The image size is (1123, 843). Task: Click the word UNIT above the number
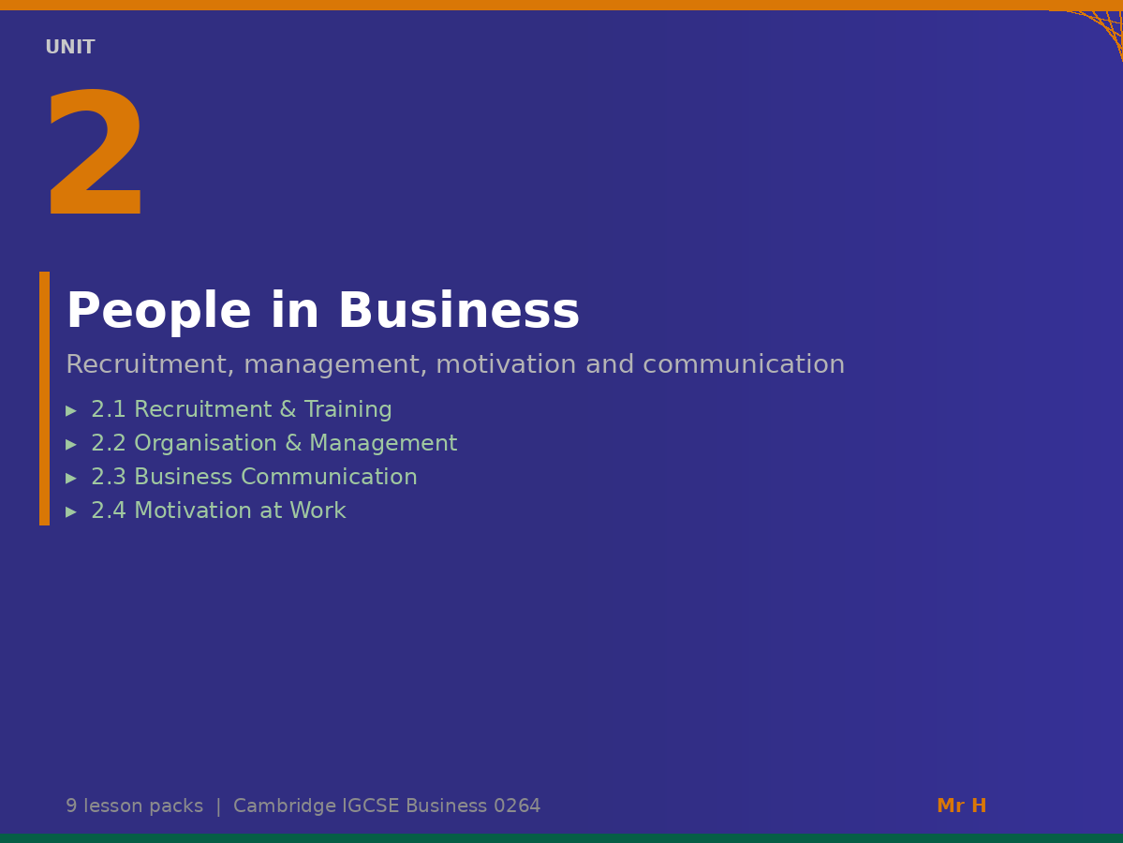pyautogui.click(x=70, y=48)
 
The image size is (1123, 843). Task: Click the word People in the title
pyautogui.click(x=158, y=312)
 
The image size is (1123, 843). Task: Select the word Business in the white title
pyautogui.click(x=458, y=312)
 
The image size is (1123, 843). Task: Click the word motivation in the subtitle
pyautogui.click(x=502, y=365)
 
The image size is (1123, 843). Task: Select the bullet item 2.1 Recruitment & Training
pyautogui.click(x=241, y=410)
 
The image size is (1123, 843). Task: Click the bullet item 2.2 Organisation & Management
pyautogui.click(x=273, y=444)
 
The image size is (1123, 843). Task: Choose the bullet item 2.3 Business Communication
pyautogui.click(x=254, y=478)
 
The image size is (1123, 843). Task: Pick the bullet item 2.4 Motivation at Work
pyautogui.click(x=218, y=511)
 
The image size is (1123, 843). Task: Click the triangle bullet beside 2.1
pyautogui.click(x=71, y=411)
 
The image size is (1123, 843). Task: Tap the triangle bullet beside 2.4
pyautogui.click(x=71, y=512)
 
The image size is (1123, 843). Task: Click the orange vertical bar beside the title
pyautogui.click(x=44, y=398)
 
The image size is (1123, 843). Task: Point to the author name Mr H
pyautogui.click(x=961, y=806)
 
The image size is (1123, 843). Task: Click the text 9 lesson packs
pyautogui.click(x=134, y=806)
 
